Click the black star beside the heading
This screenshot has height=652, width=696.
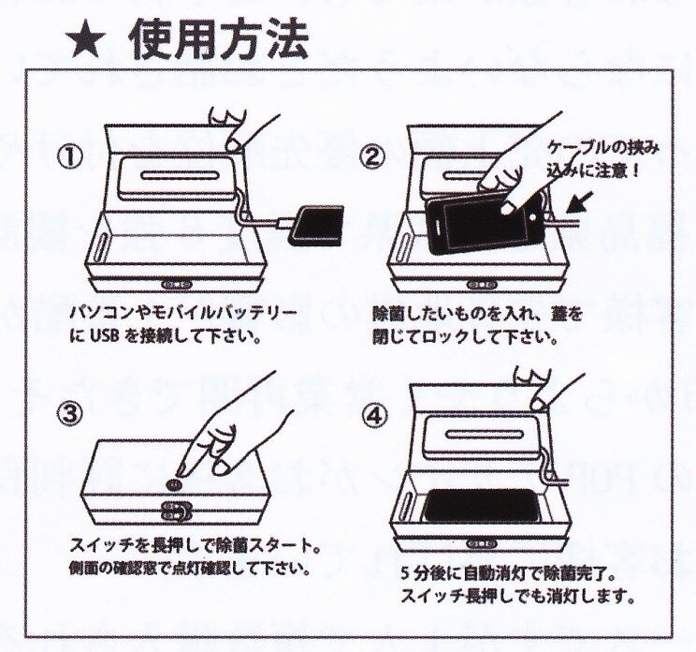pos(87,43)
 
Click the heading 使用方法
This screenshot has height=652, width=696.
pos(219,39)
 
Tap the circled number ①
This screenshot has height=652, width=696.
pos(70,158)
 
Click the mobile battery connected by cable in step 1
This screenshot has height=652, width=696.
pos(316,226)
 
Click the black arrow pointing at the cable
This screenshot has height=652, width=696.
pos(583,204)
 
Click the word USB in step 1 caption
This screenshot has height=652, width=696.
pos(105,337)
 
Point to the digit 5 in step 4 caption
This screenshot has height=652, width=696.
pos(405,574)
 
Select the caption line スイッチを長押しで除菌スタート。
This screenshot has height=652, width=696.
pos(196,546)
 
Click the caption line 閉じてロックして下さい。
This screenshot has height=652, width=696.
pos(465,338)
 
